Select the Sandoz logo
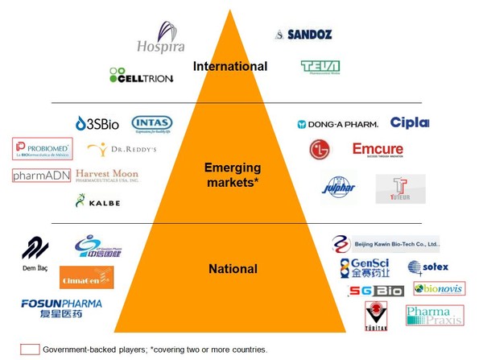click(303, 35)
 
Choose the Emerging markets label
click(235, 174)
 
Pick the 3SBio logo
click(97, 123)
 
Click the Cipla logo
click(410, 122)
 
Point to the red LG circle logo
click(320, 150)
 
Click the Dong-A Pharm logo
click(336, 125)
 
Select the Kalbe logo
click(98, 201)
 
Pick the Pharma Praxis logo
click(433, 316)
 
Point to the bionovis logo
click(439, 288)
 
